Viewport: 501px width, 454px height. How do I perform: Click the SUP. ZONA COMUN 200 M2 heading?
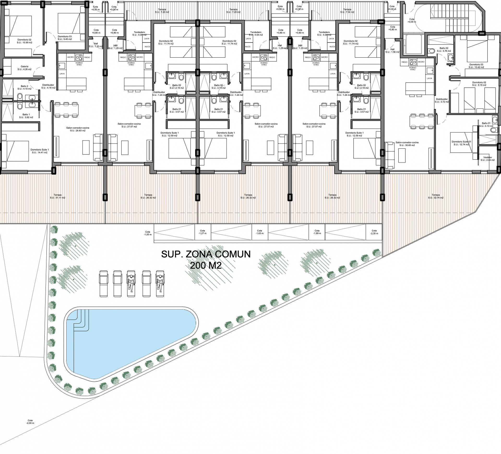206,259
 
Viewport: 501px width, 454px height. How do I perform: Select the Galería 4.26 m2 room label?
25,68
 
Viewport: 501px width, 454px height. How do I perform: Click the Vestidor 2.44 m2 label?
487,159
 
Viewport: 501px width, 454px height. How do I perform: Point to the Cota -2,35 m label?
374,232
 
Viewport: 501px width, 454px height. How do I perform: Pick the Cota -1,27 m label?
202,232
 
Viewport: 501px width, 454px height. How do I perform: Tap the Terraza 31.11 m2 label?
58,196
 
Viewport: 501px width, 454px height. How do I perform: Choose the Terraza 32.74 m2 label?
436,196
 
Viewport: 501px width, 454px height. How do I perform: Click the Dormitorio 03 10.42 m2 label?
476,66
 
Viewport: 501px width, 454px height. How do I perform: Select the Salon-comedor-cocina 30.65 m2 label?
407,144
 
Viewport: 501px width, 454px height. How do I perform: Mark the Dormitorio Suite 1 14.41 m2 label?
40,151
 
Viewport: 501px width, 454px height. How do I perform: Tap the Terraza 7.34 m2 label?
347,11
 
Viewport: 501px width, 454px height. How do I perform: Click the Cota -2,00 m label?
30,422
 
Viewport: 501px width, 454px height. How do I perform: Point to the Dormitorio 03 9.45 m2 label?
65,38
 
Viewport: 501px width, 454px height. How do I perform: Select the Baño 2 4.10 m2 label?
25,87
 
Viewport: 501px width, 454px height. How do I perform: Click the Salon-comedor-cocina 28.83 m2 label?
78,129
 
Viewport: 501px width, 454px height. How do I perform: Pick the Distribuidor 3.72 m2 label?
442,100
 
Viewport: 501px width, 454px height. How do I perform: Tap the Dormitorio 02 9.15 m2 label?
479,84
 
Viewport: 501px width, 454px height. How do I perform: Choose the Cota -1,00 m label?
148,233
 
